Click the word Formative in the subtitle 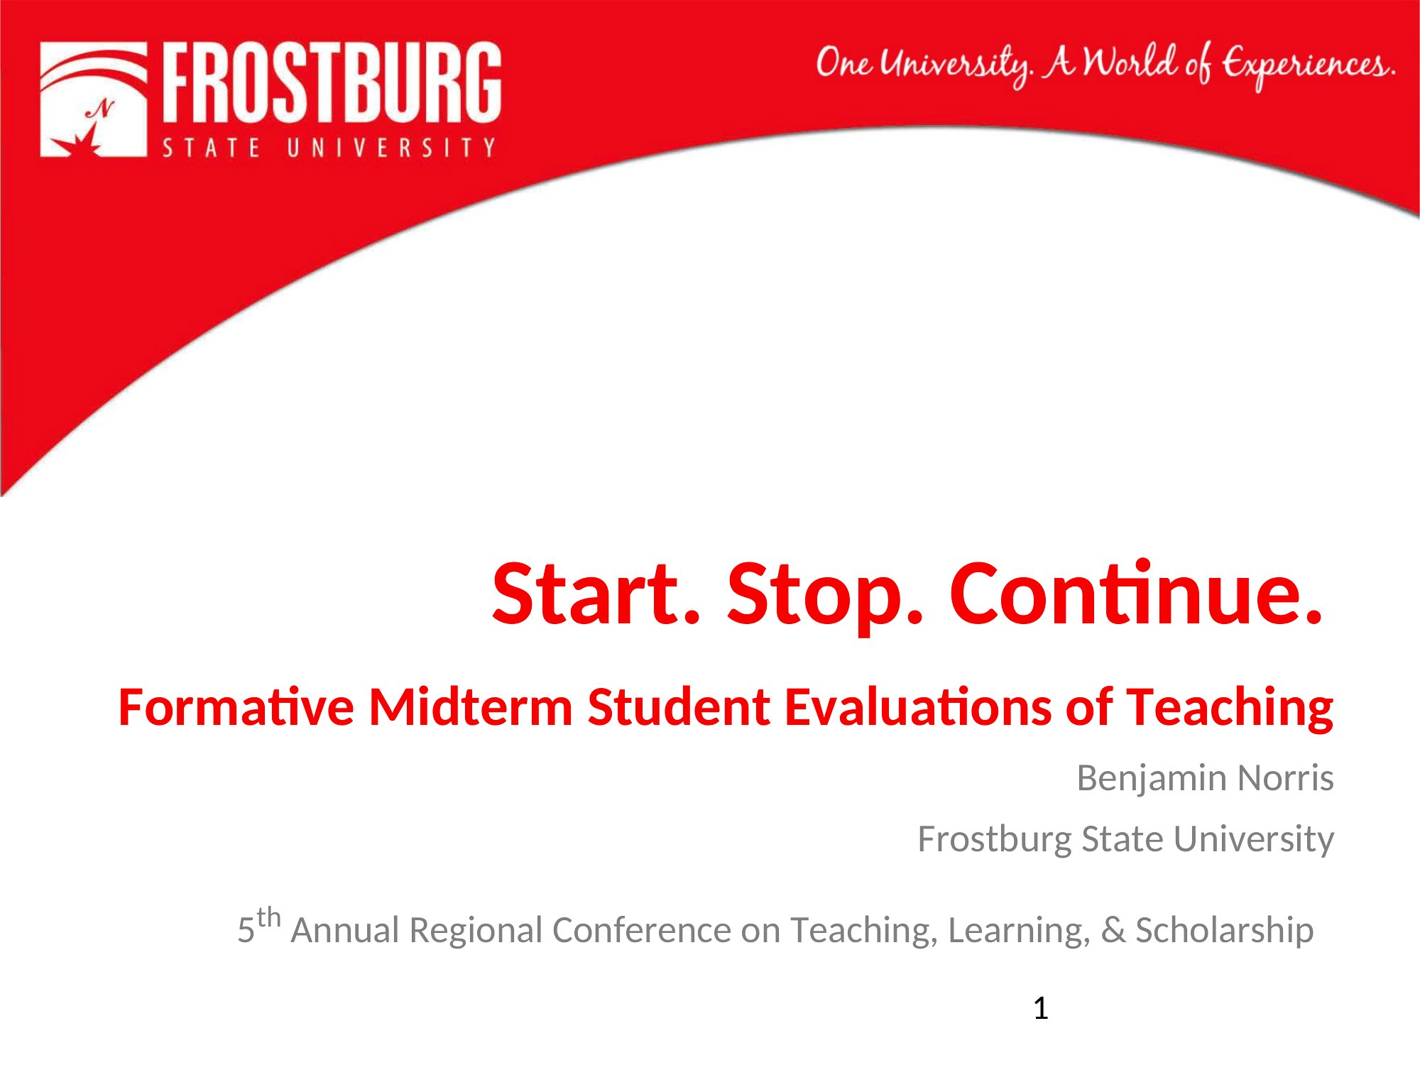pos(236,707)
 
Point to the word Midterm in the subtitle pos(471,707)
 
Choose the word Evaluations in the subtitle pos(918,707)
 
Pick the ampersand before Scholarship pos(1113,931)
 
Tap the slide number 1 pos(1041,1008)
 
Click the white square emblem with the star pos(94,99)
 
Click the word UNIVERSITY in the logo pos(391,147)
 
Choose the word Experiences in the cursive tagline pos(1309,65)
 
